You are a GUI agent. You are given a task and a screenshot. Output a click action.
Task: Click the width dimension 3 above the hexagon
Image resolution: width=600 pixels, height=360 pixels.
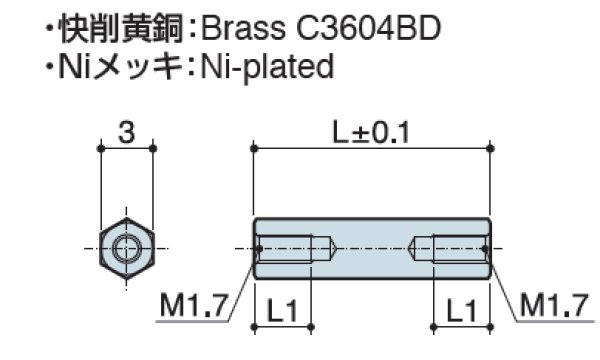click(x=126, y=130)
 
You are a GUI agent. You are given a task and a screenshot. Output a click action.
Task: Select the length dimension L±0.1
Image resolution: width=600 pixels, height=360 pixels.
click(x=372, y=130)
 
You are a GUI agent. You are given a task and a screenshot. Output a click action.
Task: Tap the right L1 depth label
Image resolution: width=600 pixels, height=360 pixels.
click(x=460, y=311)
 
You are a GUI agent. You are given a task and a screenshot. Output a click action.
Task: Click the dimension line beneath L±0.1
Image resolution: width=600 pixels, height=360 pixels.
click(x=372, y=147)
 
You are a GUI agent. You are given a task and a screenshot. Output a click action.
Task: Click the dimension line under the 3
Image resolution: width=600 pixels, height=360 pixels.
click(x=126, y=147)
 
